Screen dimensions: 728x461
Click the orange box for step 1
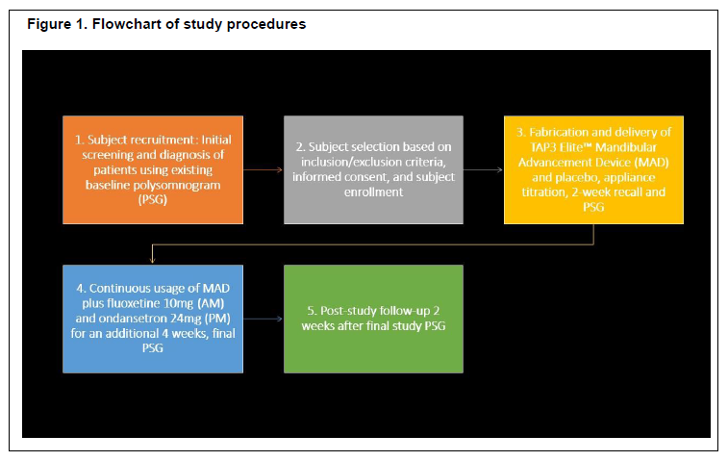(153, 169)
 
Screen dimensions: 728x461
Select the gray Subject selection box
(373, 169)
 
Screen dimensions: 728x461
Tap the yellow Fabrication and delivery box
(593, 169)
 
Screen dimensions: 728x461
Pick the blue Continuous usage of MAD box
(153, 319)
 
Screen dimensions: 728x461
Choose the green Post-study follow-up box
(373, 319)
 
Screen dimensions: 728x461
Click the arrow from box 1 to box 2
(264, 170)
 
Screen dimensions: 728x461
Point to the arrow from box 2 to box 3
(484, 170)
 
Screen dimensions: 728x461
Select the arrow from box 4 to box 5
(264, 319)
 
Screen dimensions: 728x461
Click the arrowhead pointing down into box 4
(152, 261)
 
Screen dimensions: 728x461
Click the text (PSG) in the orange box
(152, 200)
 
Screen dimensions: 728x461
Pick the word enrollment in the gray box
(373, 192)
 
